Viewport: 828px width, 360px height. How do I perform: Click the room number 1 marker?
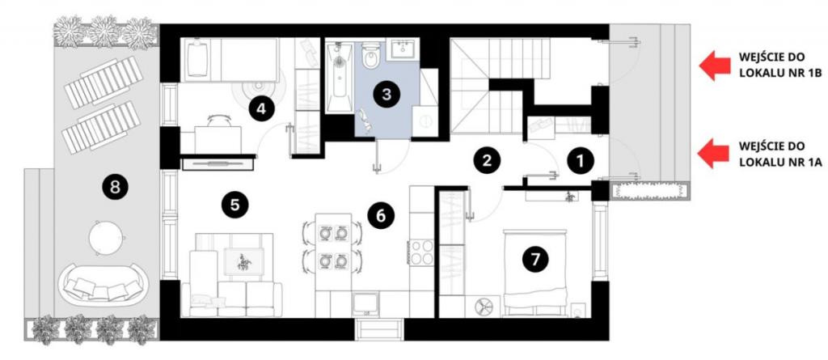(x=580, y=161)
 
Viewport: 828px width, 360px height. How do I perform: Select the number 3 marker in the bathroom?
(x=387, y=95)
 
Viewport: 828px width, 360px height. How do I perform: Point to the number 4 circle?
(x=262, y=109)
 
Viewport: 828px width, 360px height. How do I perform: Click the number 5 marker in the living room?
(x=235, y=205)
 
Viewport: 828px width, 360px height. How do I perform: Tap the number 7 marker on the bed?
(x=535, y=259)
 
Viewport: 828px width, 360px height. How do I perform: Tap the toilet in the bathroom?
(x=370, y=56)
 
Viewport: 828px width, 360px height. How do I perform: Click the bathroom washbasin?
(x=403, y=49)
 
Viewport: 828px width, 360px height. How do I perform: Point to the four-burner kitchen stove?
(x=421, y=252)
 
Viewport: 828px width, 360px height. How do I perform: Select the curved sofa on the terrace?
(x=103, y=286)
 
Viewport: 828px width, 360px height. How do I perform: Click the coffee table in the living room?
(x=243, y=261)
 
